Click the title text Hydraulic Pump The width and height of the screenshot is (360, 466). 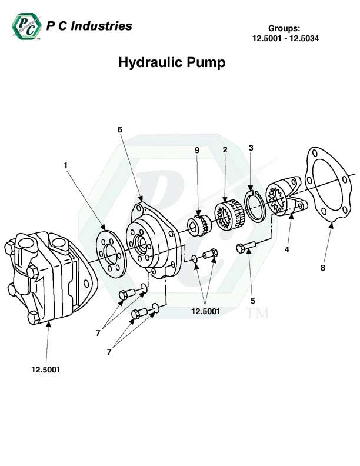tap(172, 63)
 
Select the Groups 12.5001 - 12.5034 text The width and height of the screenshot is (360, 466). tap(285, 34)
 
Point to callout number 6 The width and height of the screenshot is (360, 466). tap(119, 129)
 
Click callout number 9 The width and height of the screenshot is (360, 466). tap(197, 150)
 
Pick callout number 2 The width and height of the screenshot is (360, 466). tap(225, 150)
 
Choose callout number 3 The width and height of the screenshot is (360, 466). tap(251, 148)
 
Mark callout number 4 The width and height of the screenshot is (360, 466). tap(287, 249)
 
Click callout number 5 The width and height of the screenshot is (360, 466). tap(253, 301)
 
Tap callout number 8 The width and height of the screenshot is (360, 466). tap(322, 268)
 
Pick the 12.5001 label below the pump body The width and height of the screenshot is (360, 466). tap(46, 370)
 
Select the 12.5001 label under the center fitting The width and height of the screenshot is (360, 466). tap(206, 312)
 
